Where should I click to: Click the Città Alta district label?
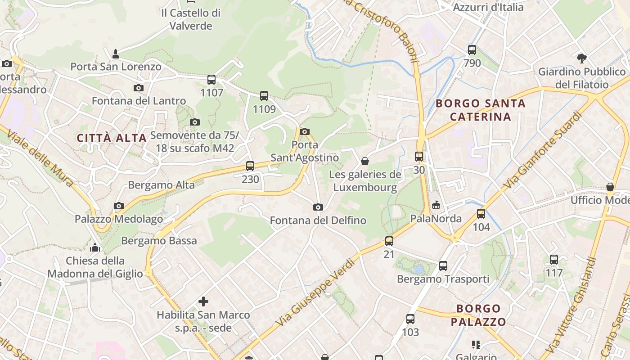pyautogui.click(x=112, y=138)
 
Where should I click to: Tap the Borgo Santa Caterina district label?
pyautogui.click(x=481, y=110)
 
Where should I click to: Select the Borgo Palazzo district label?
pyautogui.click(x=478, y=315)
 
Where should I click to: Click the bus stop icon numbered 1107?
pyautogui.click(x=211, y=80)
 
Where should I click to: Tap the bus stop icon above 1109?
pyautogui.click(x=264, y=96)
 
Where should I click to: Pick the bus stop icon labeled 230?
pyautogui.click(x=250, y=166)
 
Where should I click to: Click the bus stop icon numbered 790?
pyautogui.click(x=472, y=50)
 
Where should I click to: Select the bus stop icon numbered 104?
pyautogui.click(x=481, y=214)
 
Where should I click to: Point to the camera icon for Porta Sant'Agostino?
pyautogui.click(x=305, y=132)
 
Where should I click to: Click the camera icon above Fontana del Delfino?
pyautogui.click(x=318, y=207)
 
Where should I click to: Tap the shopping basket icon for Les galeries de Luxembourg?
pyautogui.click(x=365, y=161)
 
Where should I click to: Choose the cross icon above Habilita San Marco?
pyautogui.click(x=203, y=301)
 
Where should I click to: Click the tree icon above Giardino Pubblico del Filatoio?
pyautogui.click(x=582, y=58)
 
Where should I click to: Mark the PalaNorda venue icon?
pyautogui.click(x=436, y=206)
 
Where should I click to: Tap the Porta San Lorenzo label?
pyautogui.click(x=116, y=67)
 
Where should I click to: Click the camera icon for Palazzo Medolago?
pyautogui.click(x=119, y=206)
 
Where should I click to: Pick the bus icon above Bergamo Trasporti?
pyautogui.click(x=443, y=266)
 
